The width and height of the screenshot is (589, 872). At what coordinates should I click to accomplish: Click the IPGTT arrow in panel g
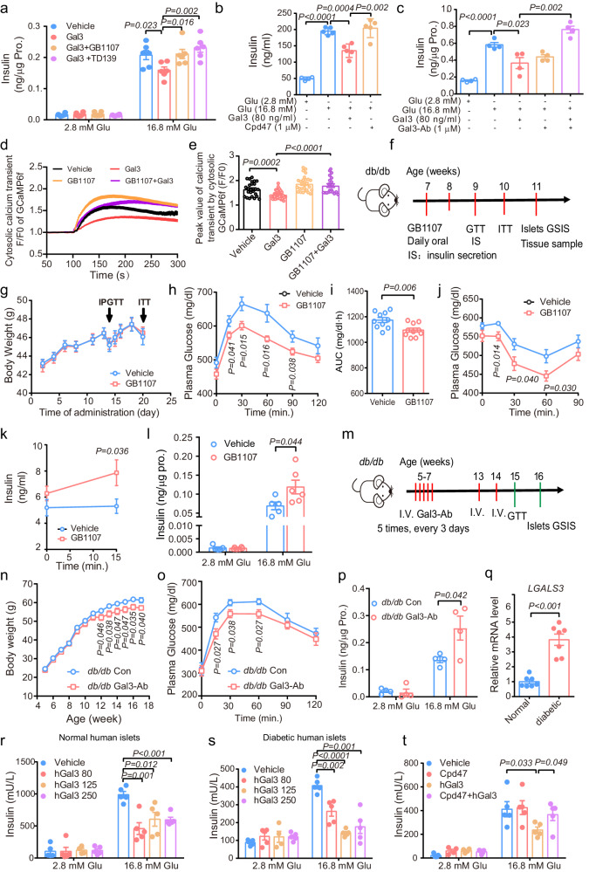click(109, 315)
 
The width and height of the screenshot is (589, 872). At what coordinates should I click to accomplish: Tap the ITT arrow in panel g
click(143, 315)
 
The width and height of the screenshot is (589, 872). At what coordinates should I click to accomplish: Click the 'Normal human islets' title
click(99, 738)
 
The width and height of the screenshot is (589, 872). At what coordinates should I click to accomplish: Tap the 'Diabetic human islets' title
click(305, 738)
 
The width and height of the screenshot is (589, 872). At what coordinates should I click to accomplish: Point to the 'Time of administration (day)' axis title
click(99, 412)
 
